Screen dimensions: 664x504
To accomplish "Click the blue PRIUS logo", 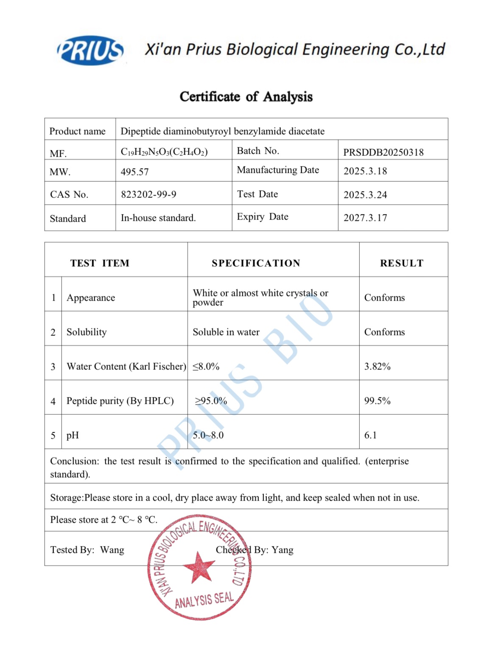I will click(x=90, y=51).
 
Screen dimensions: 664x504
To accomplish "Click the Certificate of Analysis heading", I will click(x=246, y=97).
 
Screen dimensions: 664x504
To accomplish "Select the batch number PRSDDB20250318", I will click(x=383, y=152).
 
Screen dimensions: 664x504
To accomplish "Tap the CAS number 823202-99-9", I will click(x=148, y=194).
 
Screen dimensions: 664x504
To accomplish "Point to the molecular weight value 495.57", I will click(x=134, y=172).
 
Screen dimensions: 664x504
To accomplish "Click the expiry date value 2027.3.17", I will click(x=365, y=218).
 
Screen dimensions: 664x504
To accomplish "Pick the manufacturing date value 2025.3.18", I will click(x=365, y=171).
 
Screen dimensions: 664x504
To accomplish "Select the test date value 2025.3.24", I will click(x=365, y=195).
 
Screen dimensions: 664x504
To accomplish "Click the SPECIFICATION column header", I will click(x=256, y=263).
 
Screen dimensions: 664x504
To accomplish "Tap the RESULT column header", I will click(x=401, y=263).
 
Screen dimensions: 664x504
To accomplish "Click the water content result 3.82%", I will click(x=377, y=366).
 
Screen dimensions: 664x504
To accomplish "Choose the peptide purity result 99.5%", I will click(x=377, y=401).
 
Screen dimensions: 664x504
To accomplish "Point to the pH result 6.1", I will click(x=370, y=435).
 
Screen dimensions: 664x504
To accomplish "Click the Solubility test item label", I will click(x=87, y=332).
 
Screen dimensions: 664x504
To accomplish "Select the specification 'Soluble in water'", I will click(x=226, y=332).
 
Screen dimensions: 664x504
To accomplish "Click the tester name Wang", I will click(x=112, y=550).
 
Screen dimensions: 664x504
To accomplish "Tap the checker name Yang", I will click(x=283, y=550).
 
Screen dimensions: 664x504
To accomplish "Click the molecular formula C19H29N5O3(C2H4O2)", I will click(x=164, y=152).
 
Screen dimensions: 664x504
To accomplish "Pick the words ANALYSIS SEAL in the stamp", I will click(x=204, y=600).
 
